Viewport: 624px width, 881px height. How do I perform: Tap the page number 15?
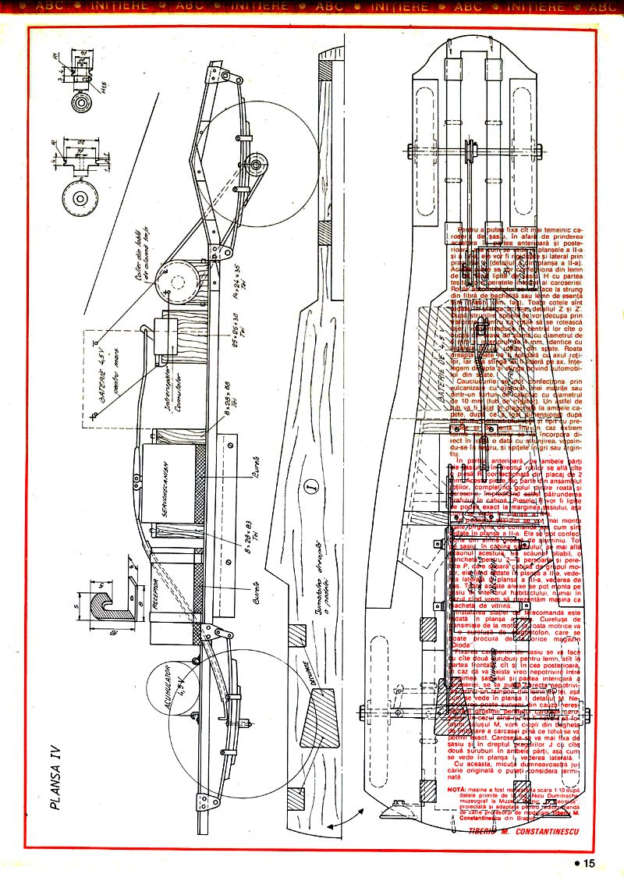[585, 863]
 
